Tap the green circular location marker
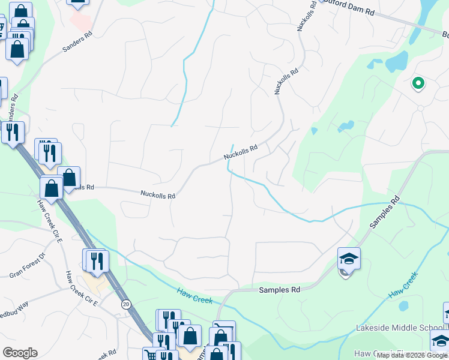418,83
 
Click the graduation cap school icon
349,259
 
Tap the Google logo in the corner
20,353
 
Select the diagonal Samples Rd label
384,212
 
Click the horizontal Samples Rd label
279,290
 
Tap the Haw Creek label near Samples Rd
195,295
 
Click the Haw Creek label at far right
403,286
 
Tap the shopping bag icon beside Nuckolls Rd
69,178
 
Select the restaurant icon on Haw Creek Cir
95,260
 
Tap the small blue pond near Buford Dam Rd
396,62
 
